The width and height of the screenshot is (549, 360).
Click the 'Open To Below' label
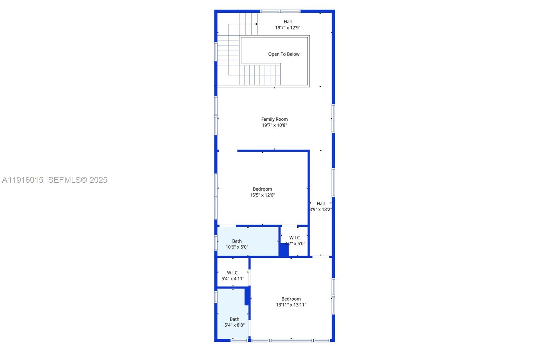tap(284, 54)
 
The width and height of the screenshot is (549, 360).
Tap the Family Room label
tap(274, 119)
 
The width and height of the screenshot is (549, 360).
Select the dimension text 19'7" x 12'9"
tap(288, 28)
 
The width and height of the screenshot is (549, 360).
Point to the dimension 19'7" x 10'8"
tap(274, 125)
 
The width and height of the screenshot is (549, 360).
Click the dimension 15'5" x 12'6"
tap(262, 195)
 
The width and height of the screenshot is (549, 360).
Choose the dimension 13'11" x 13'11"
tap(291, 305)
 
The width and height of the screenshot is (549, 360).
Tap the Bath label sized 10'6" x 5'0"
tap(237, 241)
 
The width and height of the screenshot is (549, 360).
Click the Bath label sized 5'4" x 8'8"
tap(235, 319)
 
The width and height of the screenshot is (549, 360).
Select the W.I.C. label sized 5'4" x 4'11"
tap(233, 273)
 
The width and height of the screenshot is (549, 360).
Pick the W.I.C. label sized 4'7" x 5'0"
tap(295, 238)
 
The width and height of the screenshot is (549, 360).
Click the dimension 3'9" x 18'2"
tap(320, 209)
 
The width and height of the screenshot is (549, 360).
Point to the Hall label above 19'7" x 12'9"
tap(288, 22)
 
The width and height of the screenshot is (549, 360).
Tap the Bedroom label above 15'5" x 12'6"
tap(262, 189)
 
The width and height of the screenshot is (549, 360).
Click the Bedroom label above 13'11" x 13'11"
tap(291, 299)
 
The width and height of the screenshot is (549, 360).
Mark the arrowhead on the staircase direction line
tap(256, 24)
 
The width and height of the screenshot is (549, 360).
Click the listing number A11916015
tap(23, 180)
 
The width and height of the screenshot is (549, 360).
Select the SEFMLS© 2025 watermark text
tap(78, 180)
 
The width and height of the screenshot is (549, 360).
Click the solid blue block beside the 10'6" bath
tap(283, 250)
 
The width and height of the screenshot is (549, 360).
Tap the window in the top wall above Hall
tap(280, 11)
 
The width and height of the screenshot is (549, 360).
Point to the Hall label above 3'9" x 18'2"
tap(320, 204)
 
